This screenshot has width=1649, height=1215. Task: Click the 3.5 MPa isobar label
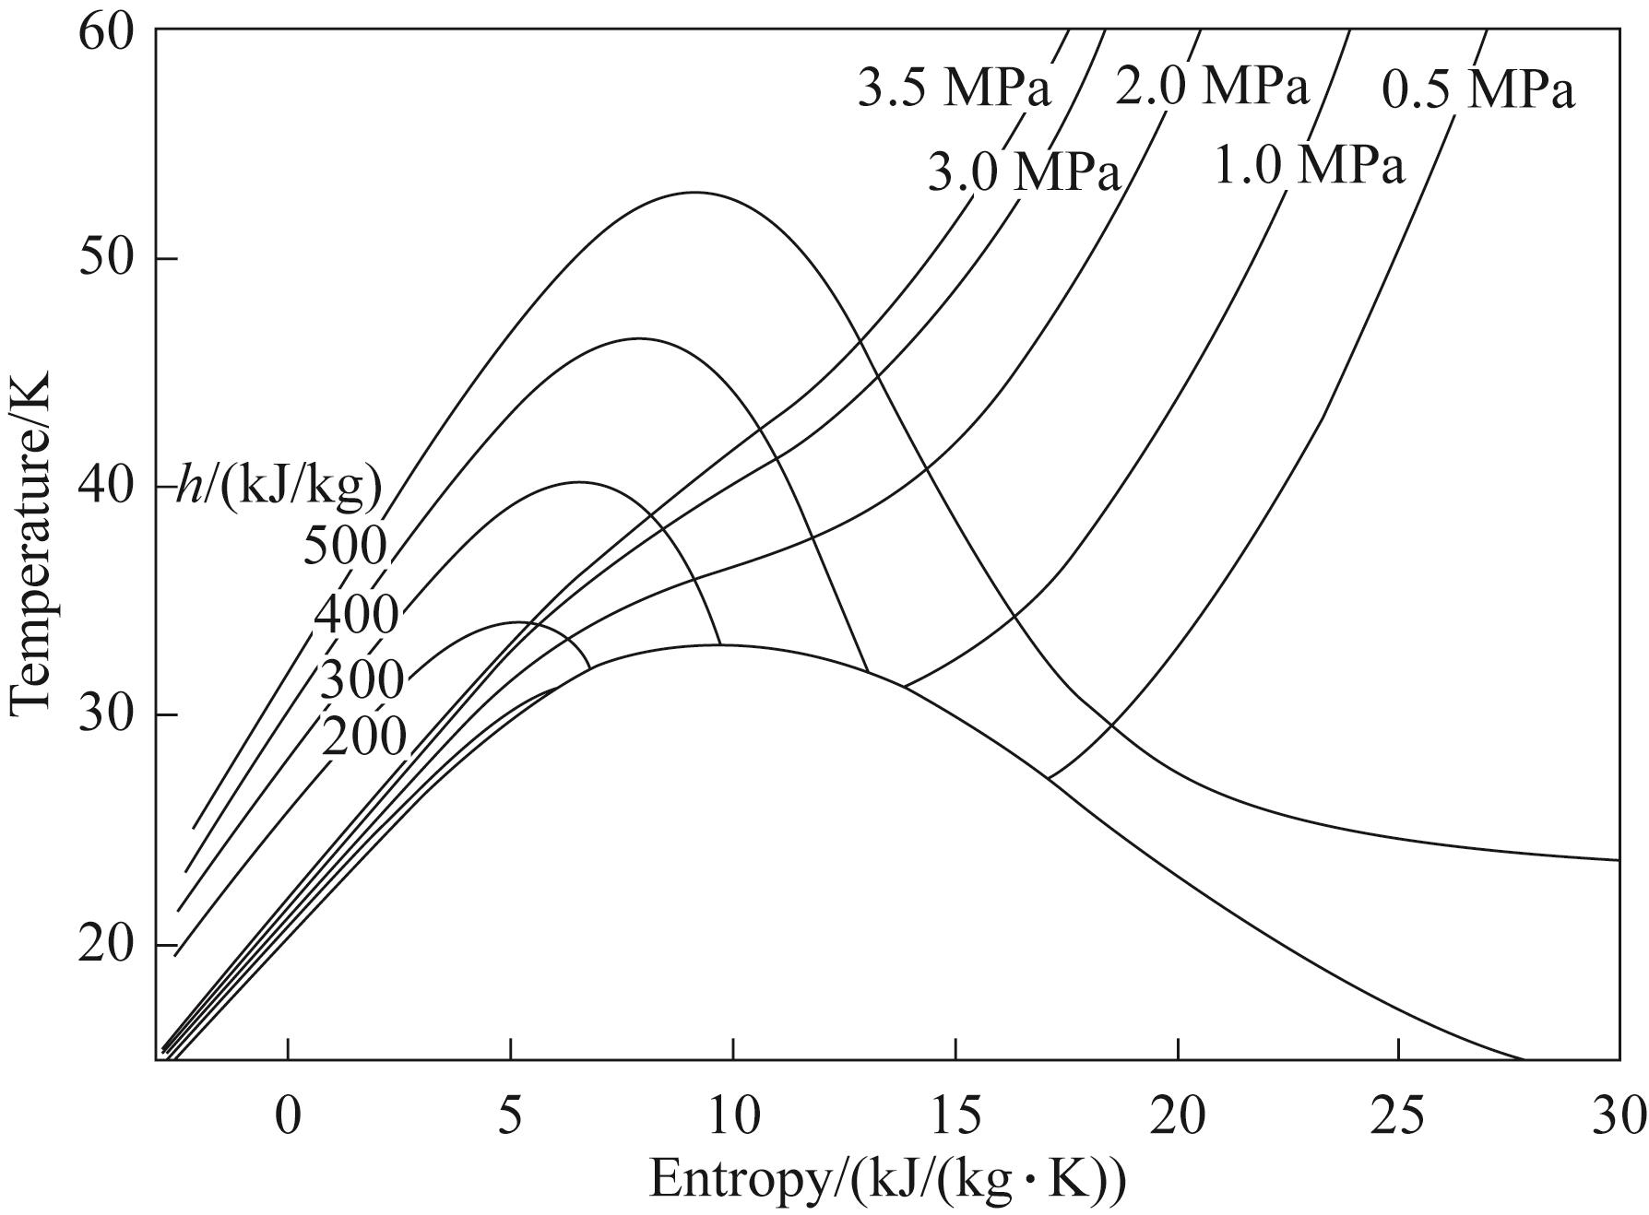pyautogui.click(x=954, y=90)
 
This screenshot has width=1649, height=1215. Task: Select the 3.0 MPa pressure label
pyautogui.click(x=1023, y=171)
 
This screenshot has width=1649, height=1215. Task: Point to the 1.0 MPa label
pyautogui.click(x=1309, y=167)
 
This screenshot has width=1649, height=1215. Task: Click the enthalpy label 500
pyautogui.click(x=344, y=546)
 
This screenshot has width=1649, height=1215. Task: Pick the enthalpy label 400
pyautogui.click(x=356, y=616)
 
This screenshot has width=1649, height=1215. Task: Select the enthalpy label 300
pyautogui.click(x=361, y=681)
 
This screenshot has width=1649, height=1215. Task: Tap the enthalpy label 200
pyautogui.click(x=363, y=737)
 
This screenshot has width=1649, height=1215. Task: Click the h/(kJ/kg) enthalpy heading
pyautogui.click(x=279, y=489)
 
